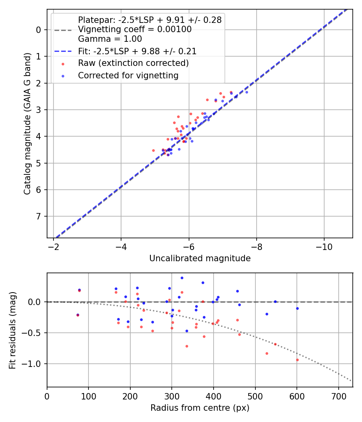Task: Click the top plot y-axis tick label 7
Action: (39, 217)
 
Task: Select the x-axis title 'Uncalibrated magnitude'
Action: (200, 258)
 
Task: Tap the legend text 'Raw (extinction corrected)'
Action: (133, 63)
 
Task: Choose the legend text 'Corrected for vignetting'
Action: (128, 75)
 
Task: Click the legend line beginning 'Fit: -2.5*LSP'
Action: (137, 51)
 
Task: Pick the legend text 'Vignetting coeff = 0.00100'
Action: (135, 29)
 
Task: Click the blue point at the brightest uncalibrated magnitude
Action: (247, 92)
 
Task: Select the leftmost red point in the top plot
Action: (153, 150)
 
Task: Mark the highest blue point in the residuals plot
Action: (182, 278)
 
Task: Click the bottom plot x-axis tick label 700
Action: (338, 395)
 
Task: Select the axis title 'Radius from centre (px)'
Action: (200, 408)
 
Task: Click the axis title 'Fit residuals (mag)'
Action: (12, 330)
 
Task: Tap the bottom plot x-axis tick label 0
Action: (47, 395)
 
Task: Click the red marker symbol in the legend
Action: (63, 64)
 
